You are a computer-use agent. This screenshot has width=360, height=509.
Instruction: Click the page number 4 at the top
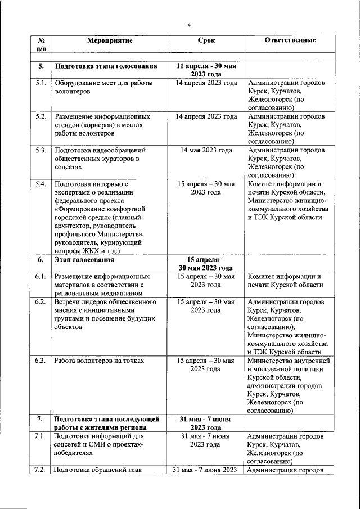tap(189, 25)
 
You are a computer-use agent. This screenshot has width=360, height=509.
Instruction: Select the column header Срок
tap(206, 41)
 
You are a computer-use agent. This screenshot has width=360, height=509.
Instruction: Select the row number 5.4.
tap(40, 184)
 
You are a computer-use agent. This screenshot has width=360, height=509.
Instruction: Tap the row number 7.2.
tap(40, 470)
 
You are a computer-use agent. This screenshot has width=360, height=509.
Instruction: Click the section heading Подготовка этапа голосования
tap(105, 66)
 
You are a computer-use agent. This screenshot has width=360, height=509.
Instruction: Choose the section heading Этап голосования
tap(84, 260)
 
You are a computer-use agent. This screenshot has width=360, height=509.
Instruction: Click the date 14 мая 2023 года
tap(206, 151)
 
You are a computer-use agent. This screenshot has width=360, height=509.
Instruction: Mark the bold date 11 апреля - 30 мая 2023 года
tap(206, 70)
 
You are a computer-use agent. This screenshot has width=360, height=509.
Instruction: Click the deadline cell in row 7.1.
tap(206, 440)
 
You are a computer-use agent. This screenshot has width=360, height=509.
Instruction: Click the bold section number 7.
tap(40, 419)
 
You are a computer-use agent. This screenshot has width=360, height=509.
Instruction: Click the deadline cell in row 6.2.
tap(206, 306)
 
